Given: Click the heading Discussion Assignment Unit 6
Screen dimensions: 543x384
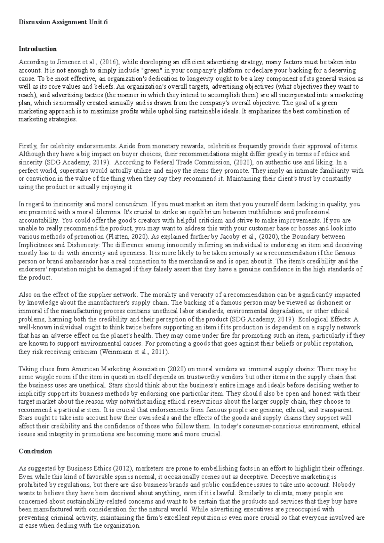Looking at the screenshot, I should [x=63, y=22].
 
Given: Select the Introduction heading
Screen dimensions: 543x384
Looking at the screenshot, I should [x=38, y=49].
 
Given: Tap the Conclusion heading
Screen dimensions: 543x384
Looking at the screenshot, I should [x=35, y=451].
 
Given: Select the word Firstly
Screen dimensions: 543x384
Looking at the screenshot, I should [x=27, y=146].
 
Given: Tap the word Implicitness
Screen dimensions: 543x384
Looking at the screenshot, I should [x=34, y=245].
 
